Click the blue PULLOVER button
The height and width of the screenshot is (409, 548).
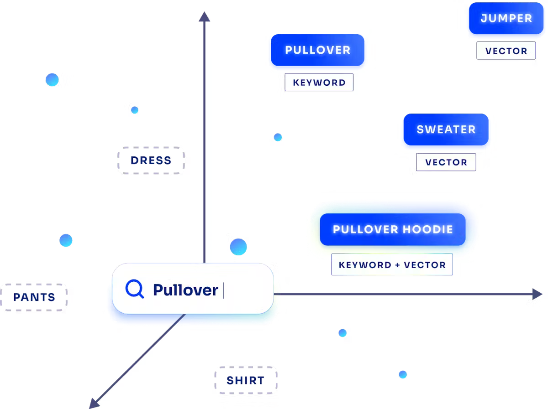(318, 50)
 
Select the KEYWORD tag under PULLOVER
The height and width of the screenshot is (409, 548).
(319, 83)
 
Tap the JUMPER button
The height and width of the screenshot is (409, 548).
(506, 19)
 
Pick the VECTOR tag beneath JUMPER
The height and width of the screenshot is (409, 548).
(506, 51)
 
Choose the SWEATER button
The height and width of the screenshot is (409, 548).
(446, 129)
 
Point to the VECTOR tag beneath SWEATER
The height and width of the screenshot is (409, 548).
(446, 162)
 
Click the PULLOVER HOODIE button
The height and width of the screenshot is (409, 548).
(392, 229)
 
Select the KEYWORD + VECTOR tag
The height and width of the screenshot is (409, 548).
(392, 265)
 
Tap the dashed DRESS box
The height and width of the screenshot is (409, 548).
(151, 160)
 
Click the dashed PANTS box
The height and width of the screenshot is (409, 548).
(34, 297)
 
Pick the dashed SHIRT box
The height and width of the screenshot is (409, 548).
(246, 380)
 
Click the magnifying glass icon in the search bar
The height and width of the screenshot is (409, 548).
(135, 289)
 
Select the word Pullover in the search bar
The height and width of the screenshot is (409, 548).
(185, 290)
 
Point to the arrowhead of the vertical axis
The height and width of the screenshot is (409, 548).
(205, 17)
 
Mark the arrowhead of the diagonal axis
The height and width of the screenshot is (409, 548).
(94, 403)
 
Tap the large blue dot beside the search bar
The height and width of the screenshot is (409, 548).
(238, 247)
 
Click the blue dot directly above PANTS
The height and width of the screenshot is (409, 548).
(66, 240)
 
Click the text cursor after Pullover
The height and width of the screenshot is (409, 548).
(223, 290)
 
